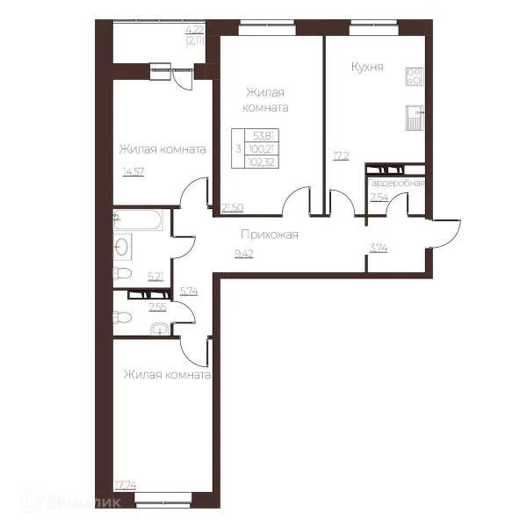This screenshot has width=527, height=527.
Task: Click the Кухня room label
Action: (x=367, y=67)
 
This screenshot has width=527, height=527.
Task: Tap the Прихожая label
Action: (x=270, y=235)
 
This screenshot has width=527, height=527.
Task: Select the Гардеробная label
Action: (x=396, y=184)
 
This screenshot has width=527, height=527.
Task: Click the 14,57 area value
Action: (x=134, y=172)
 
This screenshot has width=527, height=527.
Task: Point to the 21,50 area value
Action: (x=233, y=208)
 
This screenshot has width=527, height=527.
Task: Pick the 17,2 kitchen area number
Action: (x=341, y=156)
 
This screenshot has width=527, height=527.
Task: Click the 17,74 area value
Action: (x=126, y=486)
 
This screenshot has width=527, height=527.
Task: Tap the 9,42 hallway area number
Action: (x=244, y=254)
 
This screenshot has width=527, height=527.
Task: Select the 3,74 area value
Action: (x=379, y=249)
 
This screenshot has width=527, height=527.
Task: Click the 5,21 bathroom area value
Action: (x=155, y=277)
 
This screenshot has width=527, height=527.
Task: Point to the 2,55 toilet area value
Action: (x=157, y=307)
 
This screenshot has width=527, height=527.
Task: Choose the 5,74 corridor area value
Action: (x=189, y=292)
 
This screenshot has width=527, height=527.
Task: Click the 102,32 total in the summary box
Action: (x=261, y=162)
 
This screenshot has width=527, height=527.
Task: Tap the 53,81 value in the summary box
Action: (x=263, y=136)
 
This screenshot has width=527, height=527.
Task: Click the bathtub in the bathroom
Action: (x=138, y=220)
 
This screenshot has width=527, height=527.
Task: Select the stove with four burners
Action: (x=415, y=76)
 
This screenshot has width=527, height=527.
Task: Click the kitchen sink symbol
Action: (x=415, y=118)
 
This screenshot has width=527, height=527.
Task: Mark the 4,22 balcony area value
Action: (x=195, y=30)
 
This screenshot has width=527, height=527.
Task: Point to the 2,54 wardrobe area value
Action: (x=379, y=198)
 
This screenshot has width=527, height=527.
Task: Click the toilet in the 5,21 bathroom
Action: (x=122, y=273)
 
